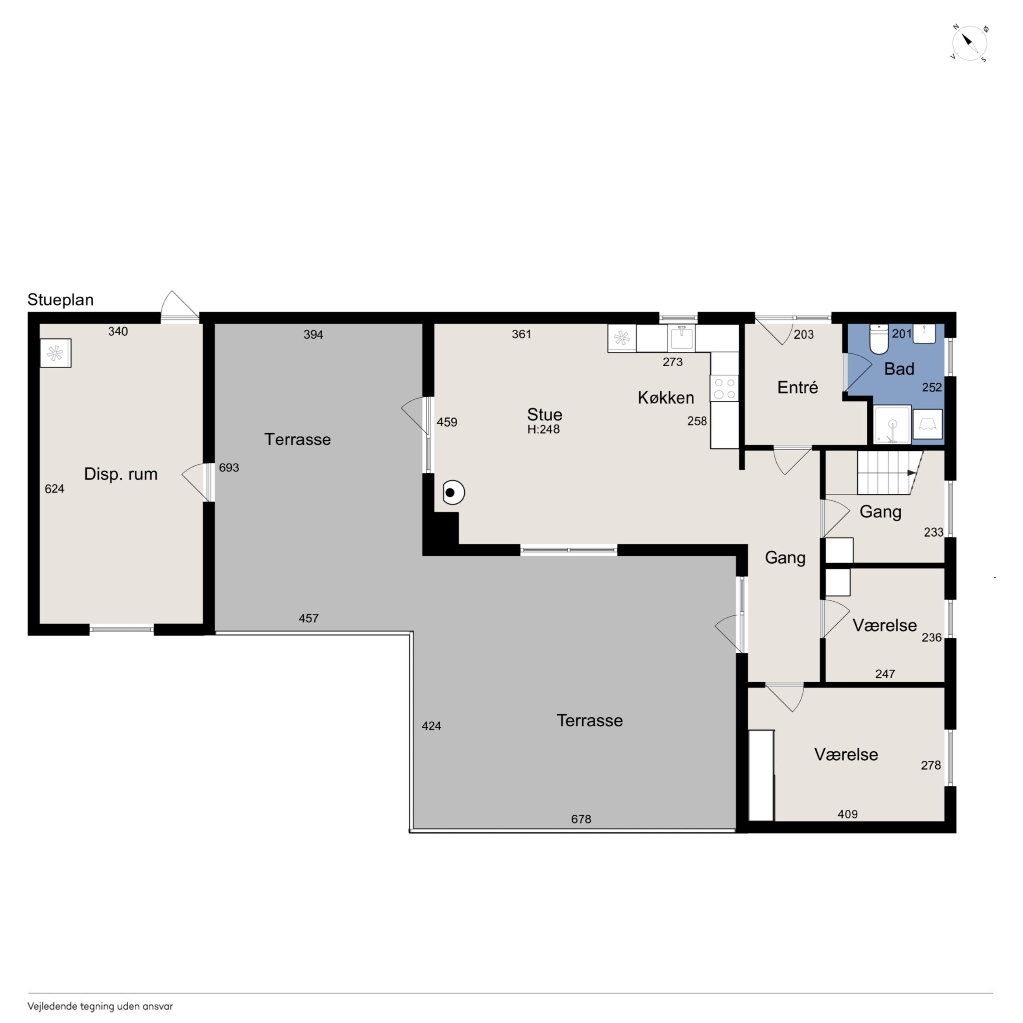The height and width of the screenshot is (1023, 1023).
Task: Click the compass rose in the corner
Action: click(969, 43)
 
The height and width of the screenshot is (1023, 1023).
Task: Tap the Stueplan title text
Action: click(60, 300)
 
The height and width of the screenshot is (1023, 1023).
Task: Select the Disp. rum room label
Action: click(121, 474)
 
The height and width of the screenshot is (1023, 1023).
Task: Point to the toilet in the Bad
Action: click(879, 339)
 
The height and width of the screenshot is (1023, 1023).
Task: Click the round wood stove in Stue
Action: click(453, 493)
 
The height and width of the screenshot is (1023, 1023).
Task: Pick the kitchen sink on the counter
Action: click(681, 338)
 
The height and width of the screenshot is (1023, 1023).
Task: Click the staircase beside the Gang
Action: click(890, 472)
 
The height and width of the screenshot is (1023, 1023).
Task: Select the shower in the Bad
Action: click(892, 425)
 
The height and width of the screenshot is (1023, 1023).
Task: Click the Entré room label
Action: click(798, 388)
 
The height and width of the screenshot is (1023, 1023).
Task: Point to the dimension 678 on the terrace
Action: click(581, 819)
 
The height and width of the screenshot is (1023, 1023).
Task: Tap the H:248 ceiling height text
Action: click(543, 429)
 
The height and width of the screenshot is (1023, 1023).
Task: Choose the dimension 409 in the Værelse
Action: click(847, 814)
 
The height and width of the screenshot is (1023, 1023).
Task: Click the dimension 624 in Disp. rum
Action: click(55, 489)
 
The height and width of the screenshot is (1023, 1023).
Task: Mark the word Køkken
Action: click(666, 398)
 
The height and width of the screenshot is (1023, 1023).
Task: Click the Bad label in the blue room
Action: click(899, 369)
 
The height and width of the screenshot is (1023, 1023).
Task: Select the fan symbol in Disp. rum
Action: click(55, 353)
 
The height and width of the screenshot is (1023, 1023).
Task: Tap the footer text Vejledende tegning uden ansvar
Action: click(100, 1006)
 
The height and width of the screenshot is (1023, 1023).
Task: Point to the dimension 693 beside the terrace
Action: click(229, 467)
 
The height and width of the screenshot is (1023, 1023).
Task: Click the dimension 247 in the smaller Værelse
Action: click(885, 674)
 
